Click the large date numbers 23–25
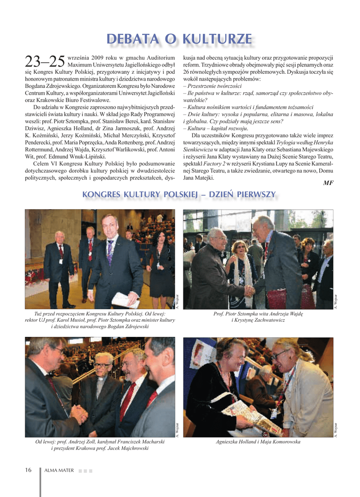45,62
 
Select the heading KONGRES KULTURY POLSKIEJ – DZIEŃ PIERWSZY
179,195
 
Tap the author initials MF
328,182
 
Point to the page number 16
28,470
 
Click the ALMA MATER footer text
59,470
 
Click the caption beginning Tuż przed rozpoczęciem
100,320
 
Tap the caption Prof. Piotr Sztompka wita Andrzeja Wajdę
258,314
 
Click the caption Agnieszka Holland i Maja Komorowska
258,442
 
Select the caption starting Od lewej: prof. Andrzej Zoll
100,445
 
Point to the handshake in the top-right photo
249,290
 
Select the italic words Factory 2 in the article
214,164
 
